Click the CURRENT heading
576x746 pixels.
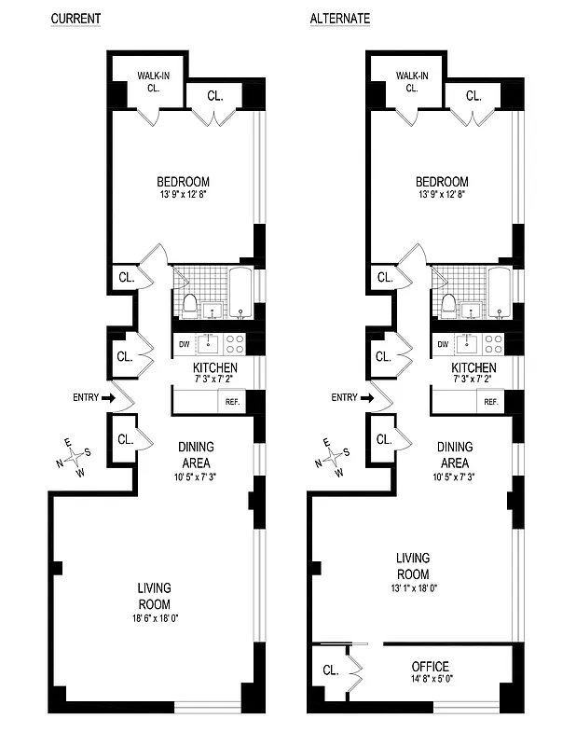pyautogui.click(x=75, y=19)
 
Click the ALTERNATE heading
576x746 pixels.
pyautogui.click(x=339, y=19)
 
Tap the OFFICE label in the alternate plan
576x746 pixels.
pyautogui.click(x=430, y=667)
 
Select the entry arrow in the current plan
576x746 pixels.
pyautogui.click(x=108, y=398)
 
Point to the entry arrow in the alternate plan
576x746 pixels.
pyautogui.click(x=367, y=398)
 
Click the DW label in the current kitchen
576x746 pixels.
pyautogui.click(x=184, y=342)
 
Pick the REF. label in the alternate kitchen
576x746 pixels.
pyautogui.click(x=490, y=402)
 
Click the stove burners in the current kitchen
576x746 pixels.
pyautogui.click(x=235, y=343)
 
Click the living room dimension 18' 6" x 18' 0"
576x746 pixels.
pyautogui.click(x=155, y=618)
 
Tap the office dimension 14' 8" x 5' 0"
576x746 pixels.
pyautogui.click(x=430, y=681)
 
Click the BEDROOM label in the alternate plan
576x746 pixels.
pyautogui.click(x=442, y=182)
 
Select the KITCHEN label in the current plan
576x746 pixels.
pyautogui.click(x=215, y=368)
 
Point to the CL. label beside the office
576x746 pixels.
pyautogui.click(x=330, y=670)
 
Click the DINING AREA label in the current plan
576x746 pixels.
pyautogui.click(x=196, y=454)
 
